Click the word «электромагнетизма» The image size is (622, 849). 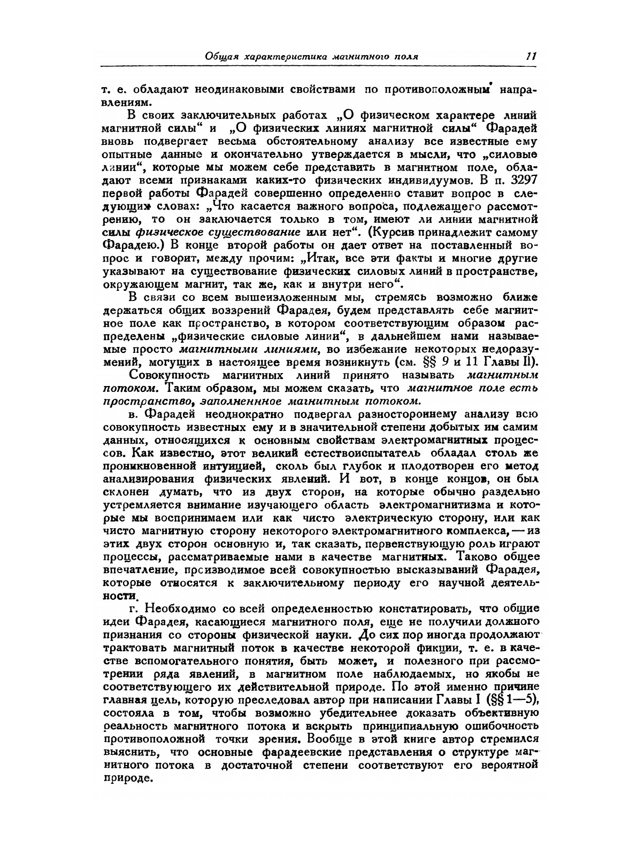(x=439, y=505)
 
